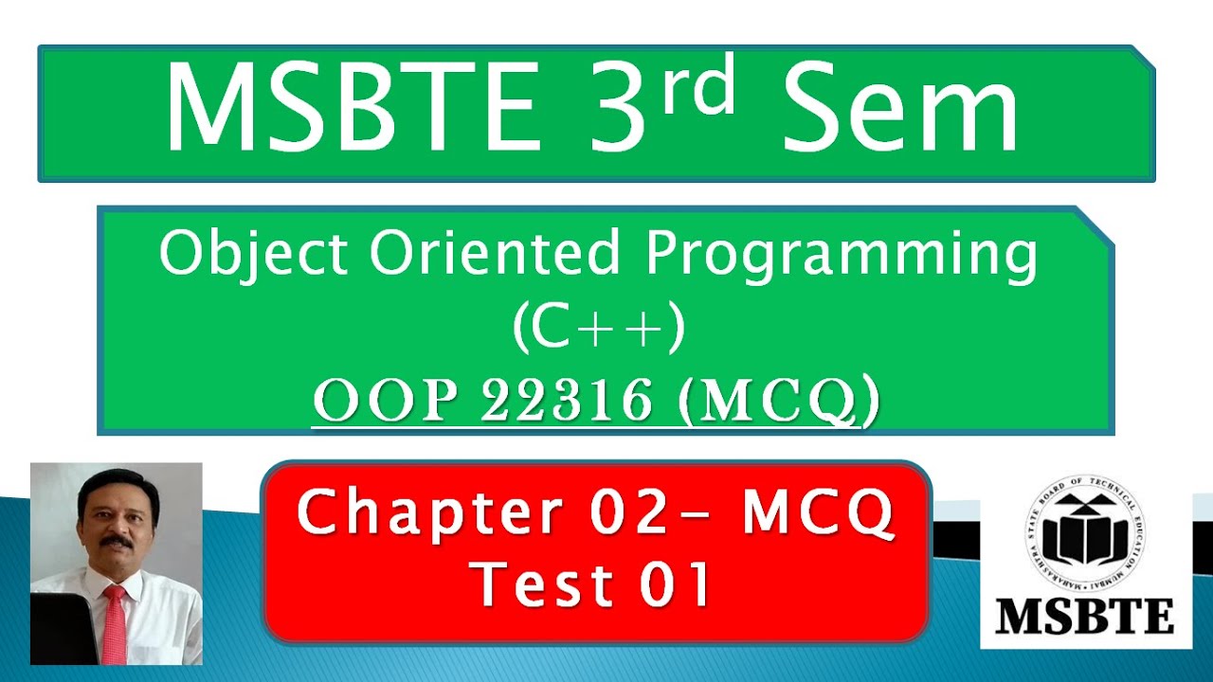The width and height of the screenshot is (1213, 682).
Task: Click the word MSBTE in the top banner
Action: [x=352, y=107]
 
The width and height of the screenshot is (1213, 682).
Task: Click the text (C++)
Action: [x=598, y=328]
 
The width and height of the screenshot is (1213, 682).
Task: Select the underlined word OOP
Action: [x=389, y=401]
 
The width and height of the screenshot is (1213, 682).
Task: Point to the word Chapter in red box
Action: [x=431, y=513]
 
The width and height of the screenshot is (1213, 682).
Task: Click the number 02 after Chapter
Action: [x=631, y=513]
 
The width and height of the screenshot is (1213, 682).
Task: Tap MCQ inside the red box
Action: [x=818, y=513]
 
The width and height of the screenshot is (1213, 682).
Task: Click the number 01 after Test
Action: [x=675, y=583]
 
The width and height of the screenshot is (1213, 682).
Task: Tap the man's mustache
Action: [x=116, y=542]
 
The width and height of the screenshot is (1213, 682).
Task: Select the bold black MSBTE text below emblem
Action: [x=1084, y=617]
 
